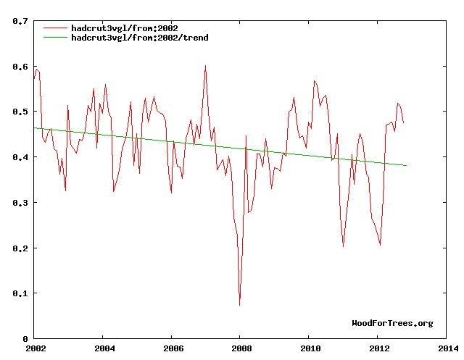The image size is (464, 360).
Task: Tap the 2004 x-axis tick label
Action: point(103,348)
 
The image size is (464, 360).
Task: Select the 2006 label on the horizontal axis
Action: point(171,348)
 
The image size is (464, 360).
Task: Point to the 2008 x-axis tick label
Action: point(240,348)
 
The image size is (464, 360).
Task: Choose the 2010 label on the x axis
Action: point(309,348)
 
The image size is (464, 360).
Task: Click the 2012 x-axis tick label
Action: point(377,348)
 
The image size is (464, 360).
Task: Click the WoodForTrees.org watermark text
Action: point(392,323)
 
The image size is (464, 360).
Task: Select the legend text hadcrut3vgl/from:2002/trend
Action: point(140,37)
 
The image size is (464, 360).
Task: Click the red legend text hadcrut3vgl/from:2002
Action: point(125,28)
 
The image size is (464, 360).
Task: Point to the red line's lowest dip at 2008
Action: point(240,305)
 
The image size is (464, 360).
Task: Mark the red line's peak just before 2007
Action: point(205,66)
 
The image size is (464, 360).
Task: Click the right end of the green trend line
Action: point(407,166)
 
